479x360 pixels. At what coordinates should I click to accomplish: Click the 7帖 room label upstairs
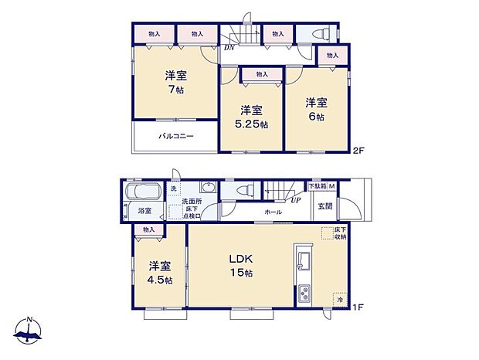tap(175, 83)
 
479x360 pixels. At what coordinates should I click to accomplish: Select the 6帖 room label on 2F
tap(315, 109)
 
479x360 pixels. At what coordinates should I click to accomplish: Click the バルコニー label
tap(176, 137)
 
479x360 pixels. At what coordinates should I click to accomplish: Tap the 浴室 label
tap(144, 210)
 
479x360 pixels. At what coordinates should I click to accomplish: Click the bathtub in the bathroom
tap(141, 192)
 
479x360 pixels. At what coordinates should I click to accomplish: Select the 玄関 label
tap(324, 206)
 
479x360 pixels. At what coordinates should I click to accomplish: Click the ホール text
tap(273, 211)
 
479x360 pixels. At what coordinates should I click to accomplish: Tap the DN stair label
tap(229, 47)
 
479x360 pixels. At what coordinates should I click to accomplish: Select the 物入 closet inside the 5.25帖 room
tap(261, 74)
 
